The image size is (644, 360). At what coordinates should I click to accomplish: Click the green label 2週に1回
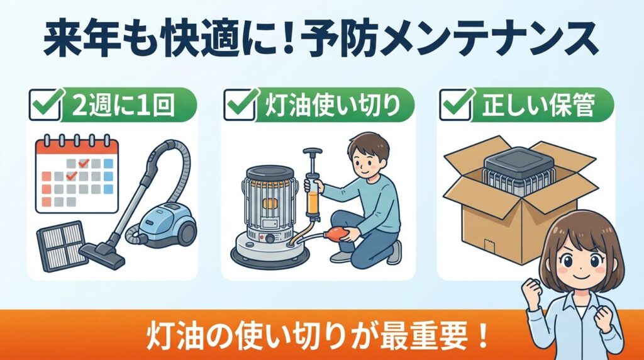coord(126,105)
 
